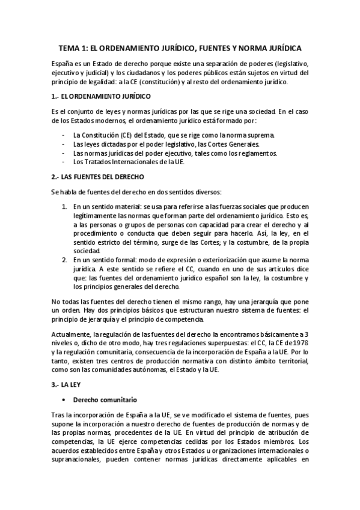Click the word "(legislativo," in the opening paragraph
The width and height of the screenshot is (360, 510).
[x=287, y=64]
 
